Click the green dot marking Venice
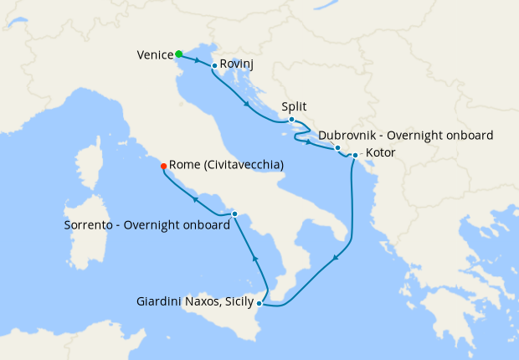click(x=179, y=54)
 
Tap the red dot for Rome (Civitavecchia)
click(x=163, y=166)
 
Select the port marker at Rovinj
click(x=215, y=65)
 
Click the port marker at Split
click(x=291, y=120)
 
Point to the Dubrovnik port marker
click(x=337, y=148)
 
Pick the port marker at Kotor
click(x=355, y=155)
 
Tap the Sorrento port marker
click(x=234, y=214)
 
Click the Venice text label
click(x=154, y=55)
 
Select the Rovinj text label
click(x=236, y=64)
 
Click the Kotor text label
click(x=381, y=153)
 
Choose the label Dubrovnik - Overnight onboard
click(x=406, y=135)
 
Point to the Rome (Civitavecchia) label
click(x=226, y=166)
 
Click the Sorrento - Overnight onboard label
click(x=146, y=225)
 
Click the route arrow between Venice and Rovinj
click(x=197, y=60)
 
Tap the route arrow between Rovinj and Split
click(x=247, y=105)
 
